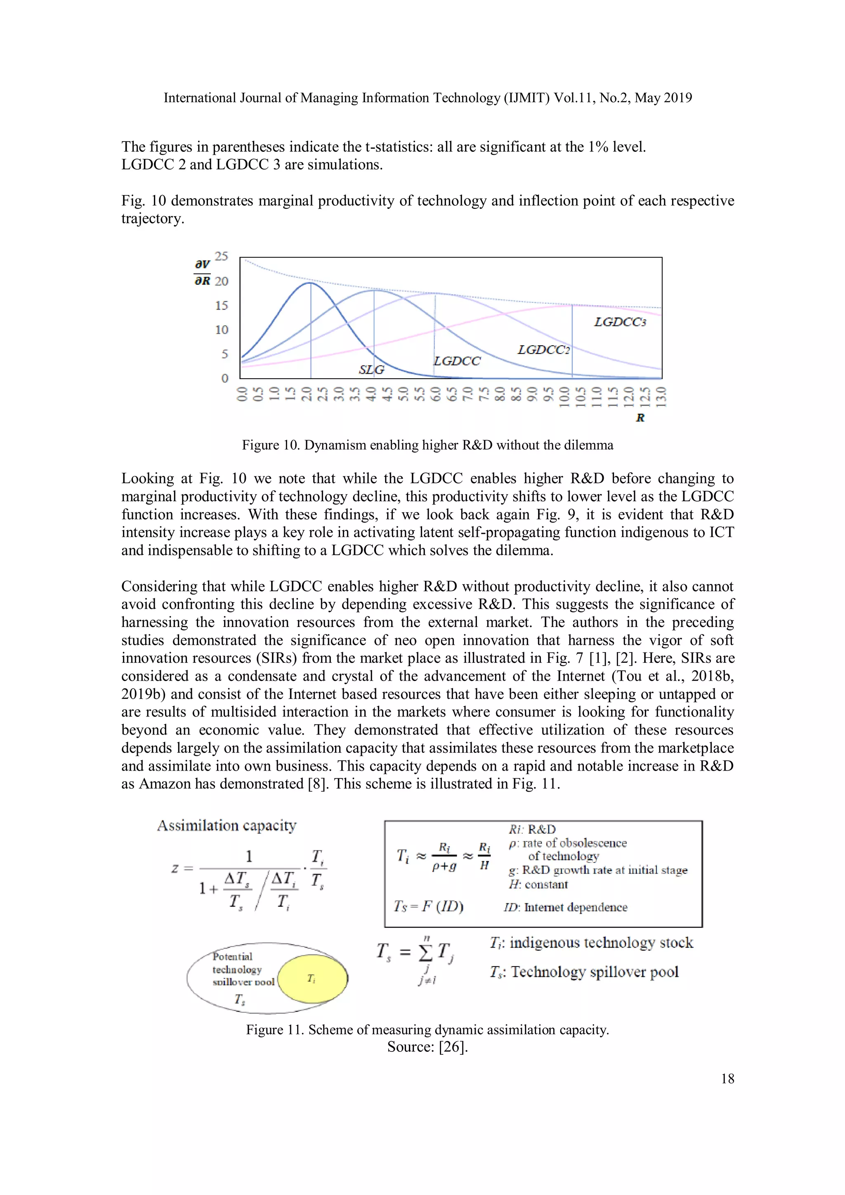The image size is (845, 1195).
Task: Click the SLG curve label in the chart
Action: click(371, 370)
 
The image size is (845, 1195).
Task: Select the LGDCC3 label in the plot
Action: click(620, 322)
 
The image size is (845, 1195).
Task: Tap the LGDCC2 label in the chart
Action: click(543, 350)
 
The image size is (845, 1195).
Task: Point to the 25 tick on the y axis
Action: click(221, 256)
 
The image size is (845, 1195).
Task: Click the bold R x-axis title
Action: click(640, 417)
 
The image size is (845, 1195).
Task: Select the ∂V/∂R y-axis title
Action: click(202, 272)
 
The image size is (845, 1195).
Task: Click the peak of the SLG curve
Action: click(310, 283)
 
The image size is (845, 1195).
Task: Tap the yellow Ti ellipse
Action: click(312, 978)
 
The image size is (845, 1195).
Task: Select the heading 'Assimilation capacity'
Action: click(227, 826)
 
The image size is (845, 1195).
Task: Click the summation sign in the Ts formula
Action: click(425, 952)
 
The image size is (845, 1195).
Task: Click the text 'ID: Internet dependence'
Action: click(565, 907)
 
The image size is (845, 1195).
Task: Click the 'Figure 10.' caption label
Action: click(271, 445)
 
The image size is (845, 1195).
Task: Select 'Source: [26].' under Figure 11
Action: click(427, 1047)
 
